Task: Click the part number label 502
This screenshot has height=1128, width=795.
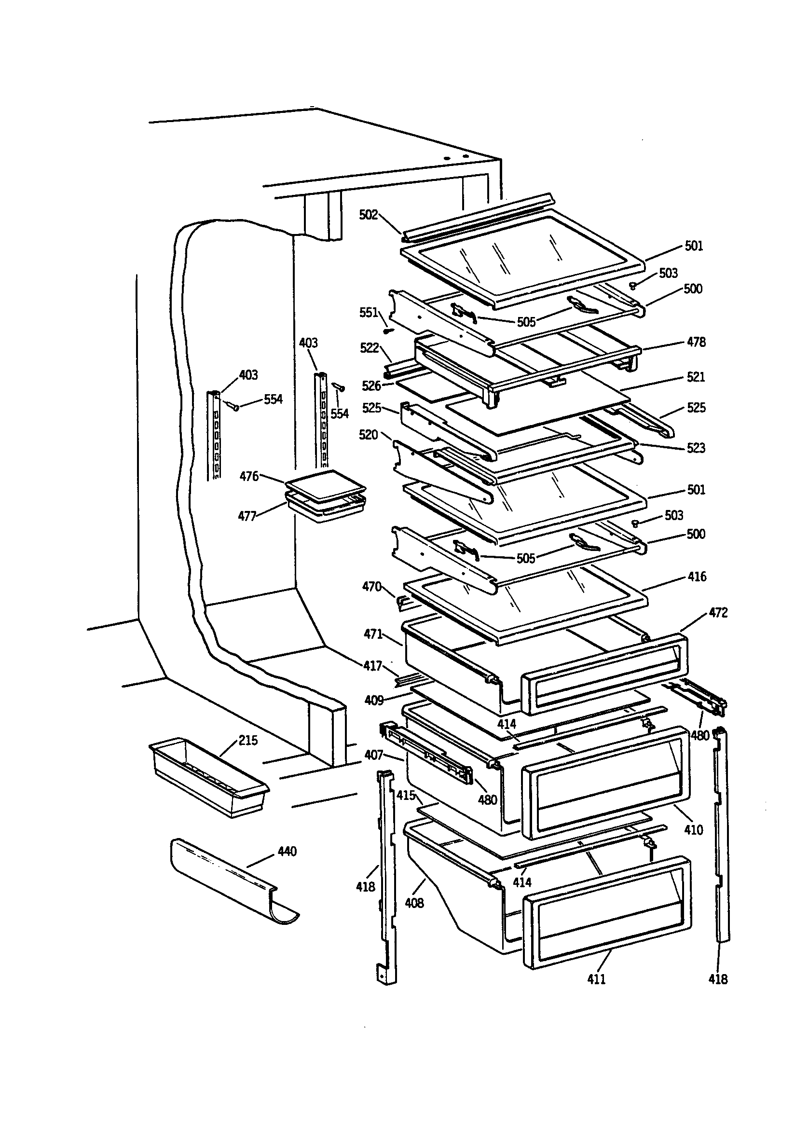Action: (x=368, y=215)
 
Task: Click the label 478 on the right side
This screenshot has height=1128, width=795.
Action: (x=696, y=342)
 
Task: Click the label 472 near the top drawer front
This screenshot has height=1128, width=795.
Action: (x=718, y=613)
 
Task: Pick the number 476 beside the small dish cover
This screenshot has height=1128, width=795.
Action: (x=249, y=476)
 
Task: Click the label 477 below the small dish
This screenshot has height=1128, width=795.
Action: (x=247, y=516)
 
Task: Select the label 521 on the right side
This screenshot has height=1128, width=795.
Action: (x=696, y=377)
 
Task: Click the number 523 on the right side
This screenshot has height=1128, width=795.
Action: (x=696, y=448)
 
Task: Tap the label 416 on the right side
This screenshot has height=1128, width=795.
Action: (x=697, y=576)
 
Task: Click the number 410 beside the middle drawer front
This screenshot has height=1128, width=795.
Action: (x=693, y=830)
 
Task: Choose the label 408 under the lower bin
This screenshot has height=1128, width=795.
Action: (x=414, y=903)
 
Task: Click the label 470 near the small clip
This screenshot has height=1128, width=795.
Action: (x=371, y=586)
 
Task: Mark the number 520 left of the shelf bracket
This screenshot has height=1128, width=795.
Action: (x=369, y=435)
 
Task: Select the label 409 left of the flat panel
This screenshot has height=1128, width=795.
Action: (x=374, y=700)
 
